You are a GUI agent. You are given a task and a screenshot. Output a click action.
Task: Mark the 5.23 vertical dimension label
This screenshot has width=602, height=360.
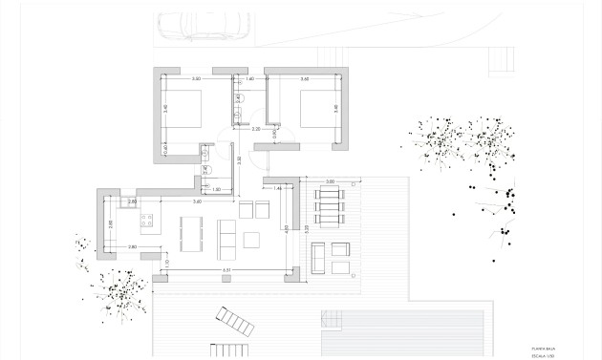[307, 229]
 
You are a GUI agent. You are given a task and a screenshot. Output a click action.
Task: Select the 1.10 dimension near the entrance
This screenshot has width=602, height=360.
[167, 264]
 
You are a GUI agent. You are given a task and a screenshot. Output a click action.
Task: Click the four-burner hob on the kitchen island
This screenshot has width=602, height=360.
[150, 225]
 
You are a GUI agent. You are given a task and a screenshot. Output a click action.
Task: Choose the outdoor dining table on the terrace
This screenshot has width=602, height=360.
[332, 207]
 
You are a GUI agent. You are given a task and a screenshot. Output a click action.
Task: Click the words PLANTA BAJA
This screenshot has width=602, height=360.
[541, 349]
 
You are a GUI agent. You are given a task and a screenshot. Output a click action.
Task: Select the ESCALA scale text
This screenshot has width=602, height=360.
[541, 356]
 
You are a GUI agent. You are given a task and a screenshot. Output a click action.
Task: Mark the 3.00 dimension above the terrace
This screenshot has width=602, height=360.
[330, 181]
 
